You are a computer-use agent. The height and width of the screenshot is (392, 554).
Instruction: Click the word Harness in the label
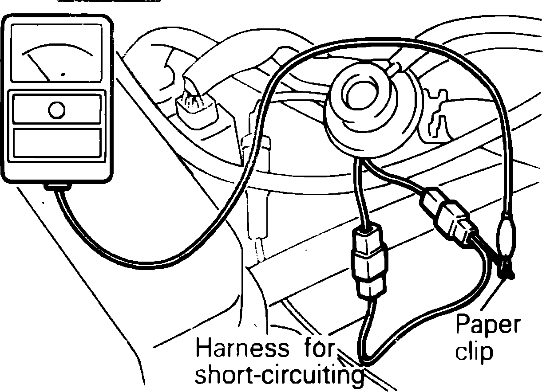tap(238, 349)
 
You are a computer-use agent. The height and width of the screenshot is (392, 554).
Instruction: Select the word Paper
tap(487, 325)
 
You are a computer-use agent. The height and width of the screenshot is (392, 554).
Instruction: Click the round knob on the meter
tap(56, 110)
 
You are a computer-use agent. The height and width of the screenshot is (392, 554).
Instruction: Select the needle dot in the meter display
tap(65, 74)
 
